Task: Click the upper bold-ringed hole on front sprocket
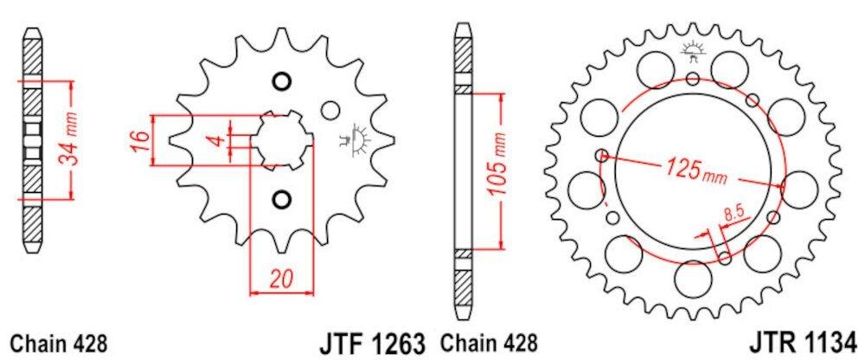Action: click(x=280, y=82)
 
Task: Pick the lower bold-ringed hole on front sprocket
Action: click(x=280, y=200)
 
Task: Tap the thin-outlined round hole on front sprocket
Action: click(x=330, y=112)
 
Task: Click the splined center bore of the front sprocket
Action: click(x=285, y=140)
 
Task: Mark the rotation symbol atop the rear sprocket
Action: click(x=692, y=50)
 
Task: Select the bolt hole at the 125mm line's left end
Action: click(x=602, y=156)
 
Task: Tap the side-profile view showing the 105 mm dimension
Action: click(x=465, y=169)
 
